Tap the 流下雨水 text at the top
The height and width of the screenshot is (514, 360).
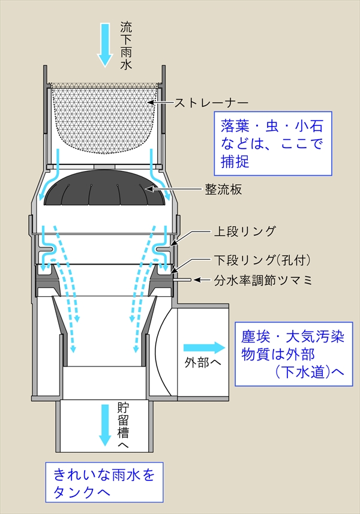pos(125,46)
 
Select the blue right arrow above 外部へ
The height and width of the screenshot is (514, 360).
pos(203,348)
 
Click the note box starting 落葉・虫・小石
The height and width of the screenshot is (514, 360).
pos(274,144)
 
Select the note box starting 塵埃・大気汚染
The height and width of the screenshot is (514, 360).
pos(292,354)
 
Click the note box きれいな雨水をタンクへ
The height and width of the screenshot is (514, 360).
pos(104,483)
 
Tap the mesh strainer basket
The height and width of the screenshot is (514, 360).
pos(105,117)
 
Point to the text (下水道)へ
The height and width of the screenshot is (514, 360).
pos(306,372)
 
